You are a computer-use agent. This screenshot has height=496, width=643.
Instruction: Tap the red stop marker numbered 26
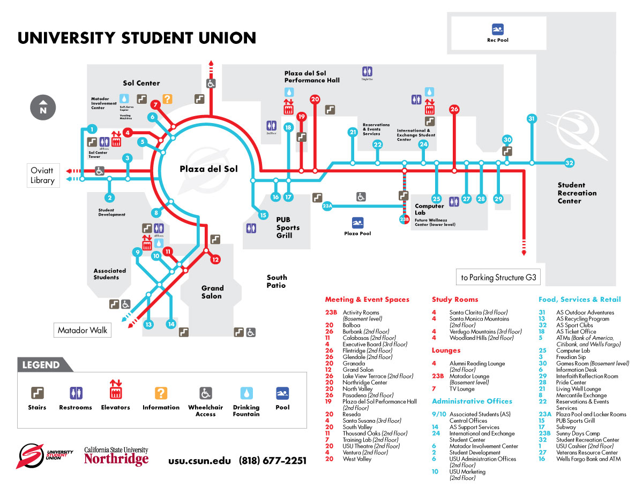click(x=454, y=109)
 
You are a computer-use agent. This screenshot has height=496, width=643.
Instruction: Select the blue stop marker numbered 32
click(x=569, y=163)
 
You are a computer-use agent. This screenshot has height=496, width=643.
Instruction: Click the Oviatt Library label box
click(x=42, y=176)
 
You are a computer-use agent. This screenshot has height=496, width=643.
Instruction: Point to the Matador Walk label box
click(x=83, y=330)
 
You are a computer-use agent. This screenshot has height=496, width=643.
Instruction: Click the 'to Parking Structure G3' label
click(x=498, y=278)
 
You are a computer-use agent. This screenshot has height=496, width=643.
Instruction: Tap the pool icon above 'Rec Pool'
click(x=498, y=29)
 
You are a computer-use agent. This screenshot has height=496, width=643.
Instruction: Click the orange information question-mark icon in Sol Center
click(x=167, y=98)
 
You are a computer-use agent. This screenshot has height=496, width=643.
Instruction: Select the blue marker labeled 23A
click(x=327, y=205)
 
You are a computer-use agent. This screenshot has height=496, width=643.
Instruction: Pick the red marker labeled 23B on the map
click(x=404, y=219)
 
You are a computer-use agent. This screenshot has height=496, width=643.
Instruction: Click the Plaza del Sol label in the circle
click(x=208, y=169)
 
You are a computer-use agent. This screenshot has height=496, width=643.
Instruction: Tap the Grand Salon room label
click(x=212, y=292)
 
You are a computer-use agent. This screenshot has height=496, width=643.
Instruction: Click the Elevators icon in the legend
click(x=115, y=393)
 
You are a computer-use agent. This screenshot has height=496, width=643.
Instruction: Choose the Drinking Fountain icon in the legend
click(x=246, y=393)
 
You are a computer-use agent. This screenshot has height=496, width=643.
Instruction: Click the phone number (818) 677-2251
click(x=273, y=461)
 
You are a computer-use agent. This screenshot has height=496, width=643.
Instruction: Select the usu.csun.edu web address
click(x=199, y=461)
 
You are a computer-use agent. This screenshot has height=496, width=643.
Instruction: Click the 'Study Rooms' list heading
click(x=455, y=300)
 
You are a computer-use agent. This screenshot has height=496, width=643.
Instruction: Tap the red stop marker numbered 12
click(x=215, y=260)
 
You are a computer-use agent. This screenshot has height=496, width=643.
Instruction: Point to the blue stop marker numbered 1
click(x=92, y=129)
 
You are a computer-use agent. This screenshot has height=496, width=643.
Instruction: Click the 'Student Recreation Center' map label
click(x=577, y=193)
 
